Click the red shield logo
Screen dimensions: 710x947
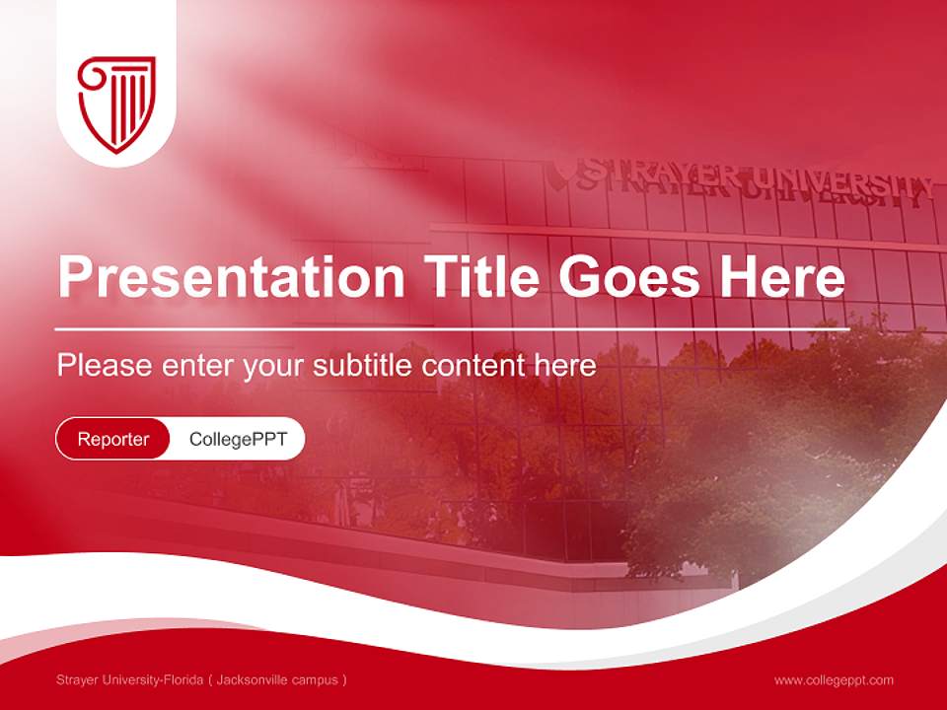tap(116, 103)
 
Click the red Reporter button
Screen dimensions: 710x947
tap(113, 439)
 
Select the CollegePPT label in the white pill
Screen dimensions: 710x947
tap(238, 439)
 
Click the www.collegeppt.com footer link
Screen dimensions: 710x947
tap(834, 680)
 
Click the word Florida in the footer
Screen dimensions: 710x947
tap(182, 680)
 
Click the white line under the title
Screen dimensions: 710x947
tap(452, 328)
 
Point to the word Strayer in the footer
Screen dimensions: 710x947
tap(76, 680)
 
